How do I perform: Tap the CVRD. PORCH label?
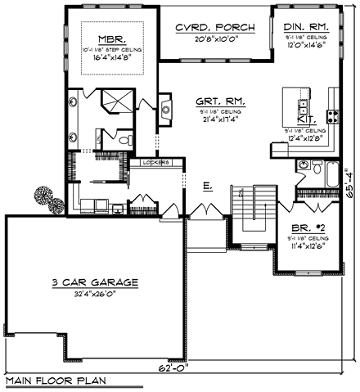tap(215, 28)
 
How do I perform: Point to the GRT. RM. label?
tap(215, 101)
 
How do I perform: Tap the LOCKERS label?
tap(155, 163)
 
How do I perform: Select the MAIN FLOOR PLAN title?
tap(51, 381)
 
